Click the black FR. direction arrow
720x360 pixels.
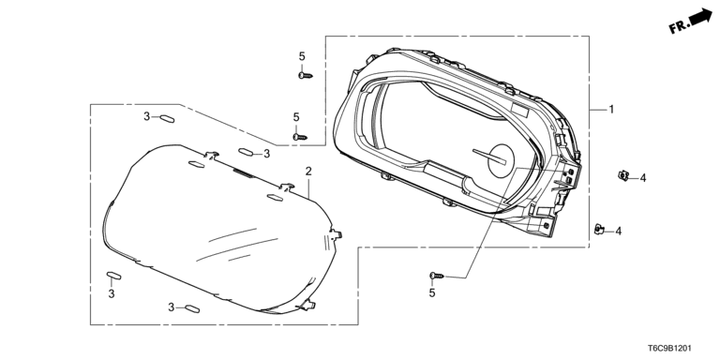699,17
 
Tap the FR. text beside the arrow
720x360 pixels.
679,26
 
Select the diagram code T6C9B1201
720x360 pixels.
669,349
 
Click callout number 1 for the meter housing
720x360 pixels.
611,110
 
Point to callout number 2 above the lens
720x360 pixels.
308,172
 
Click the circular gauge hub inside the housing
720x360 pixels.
501,160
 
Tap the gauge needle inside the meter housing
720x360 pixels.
489,157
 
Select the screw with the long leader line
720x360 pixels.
437,276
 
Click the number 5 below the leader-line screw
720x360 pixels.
432,292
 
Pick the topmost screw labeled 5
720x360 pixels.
305,75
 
